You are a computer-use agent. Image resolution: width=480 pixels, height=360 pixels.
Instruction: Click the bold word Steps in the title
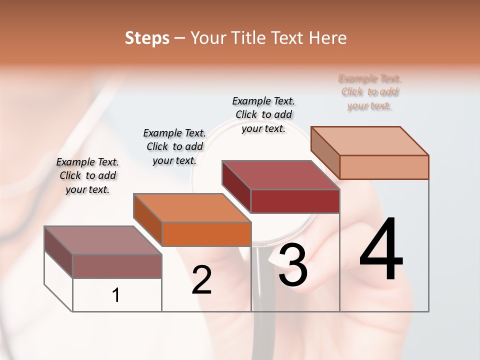click(x=147, y=38)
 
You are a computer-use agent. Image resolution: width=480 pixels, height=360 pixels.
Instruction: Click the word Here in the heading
click(x=327, y=38)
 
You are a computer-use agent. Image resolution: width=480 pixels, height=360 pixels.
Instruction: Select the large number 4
click(x=381, y=250)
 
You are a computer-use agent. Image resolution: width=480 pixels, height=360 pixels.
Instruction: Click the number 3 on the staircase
click(x=293, y=265)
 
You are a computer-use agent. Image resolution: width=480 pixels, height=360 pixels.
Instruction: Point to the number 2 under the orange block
click(x=201, y=280)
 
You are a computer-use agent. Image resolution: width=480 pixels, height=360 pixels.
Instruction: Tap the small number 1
click(x=116, y=295)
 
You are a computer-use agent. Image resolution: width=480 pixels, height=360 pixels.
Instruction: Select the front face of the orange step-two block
click(x=206, y=234)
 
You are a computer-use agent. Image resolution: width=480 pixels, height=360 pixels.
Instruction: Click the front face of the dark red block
click(x=295, y=201)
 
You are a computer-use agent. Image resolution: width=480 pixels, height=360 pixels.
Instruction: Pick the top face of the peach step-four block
click(x=370, y=140)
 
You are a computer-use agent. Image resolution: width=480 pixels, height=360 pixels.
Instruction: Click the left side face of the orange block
click(x=147, y=220)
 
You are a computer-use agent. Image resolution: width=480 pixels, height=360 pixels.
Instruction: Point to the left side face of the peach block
click(x=325, y=152)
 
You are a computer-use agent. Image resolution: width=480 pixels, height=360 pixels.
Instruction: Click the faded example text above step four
click(x=370, y=92)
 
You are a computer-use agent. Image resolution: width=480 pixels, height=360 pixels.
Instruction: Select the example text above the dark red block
click(x=263, y=114)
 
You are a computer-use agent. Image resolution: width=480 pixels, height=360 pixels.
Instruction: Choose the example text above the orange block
click(x=174, y=146)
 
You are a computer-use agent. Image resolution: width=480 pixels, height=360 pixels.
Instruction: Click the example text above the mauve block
click(x=87, y=175)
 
